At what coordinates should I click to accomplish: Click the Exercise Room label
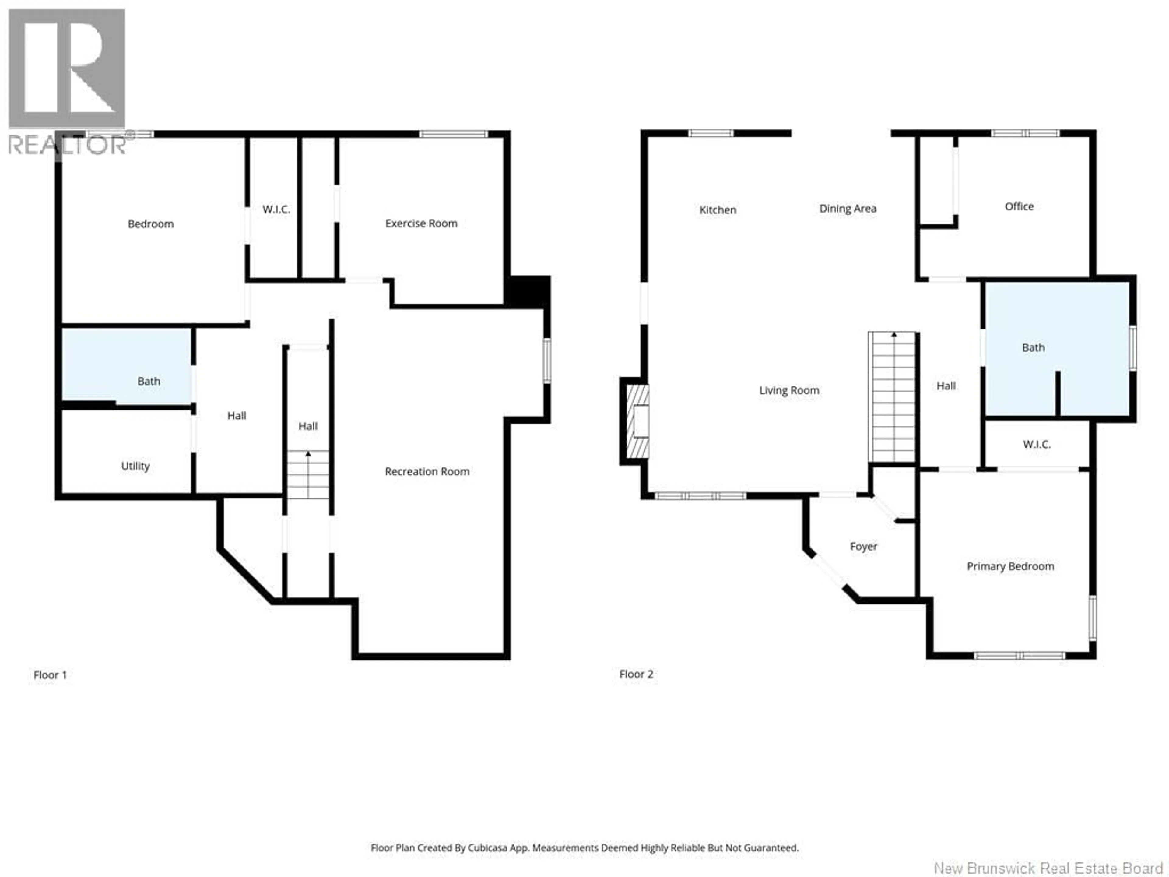pyautogui.click(x=421, y=223)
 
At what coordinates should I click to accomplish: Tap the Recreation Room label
pyautogui.click(x=427, y=471)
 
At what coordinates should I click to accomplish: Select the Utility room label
pyautogui.click(x=135, y=466)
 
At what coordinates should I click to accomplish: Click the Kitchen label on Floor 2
pyautogui.click(x=718, y=210)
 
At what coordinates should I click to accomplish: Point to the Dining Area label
pyautogui.click(x=848, y=209)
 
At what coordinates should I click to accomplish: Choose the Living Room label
pyautogui.click(x=789, y=391)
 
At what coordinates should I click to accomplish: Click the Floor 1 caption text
pyautogui.click(x=50, y=675)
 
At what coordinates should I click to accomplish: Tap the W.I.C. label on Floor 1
pyautogui.click(x=276, y=209)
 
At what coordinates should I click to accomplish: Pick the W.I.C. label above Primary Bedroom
pyautogui.click(x=1036, y=445)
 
